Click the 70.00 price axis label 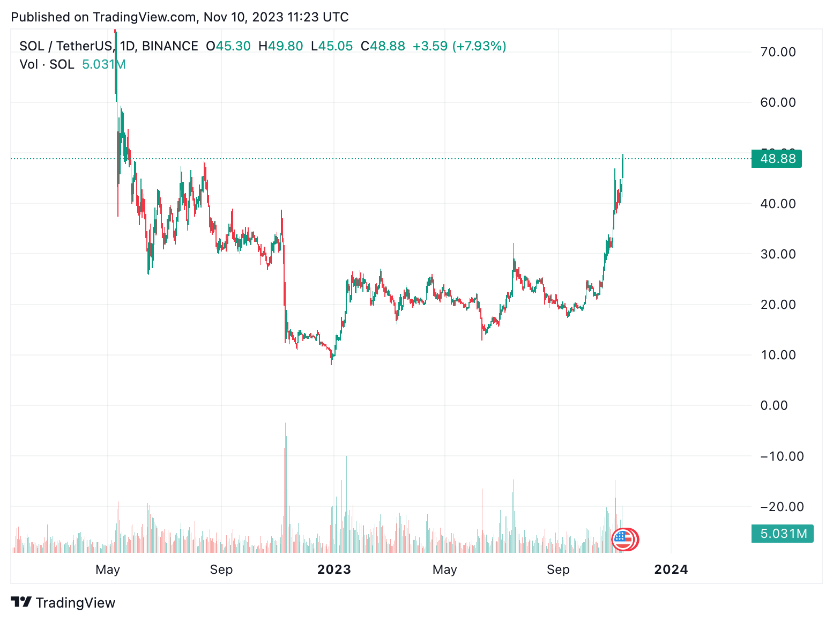[x=778, y=52]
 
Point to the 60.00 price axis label [x=778, y=102]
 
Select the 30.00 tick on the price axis [x=778, y=254]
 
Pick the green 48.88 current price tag [x=777, y=159]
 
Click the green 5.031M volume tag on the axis [x=782, y=534]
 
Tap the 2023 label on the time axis [x=334, y=570]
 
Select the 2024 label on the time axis [x=671, y=570]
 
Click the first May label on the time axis [x=108, y=570]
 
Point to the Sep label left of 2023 [x=221, y=570]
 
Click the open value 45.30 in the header [x=233, y=46]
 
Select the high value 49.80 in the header [x=285, y=46]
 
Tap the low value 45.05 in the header [x=336, y=46]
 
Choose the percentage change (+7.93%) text [x=479, y=46]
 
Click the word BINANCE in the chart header [x=170, y=46]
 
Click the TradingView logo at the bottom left [x=63, y=603]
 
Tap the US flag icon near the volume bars [x=622, y=539]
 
